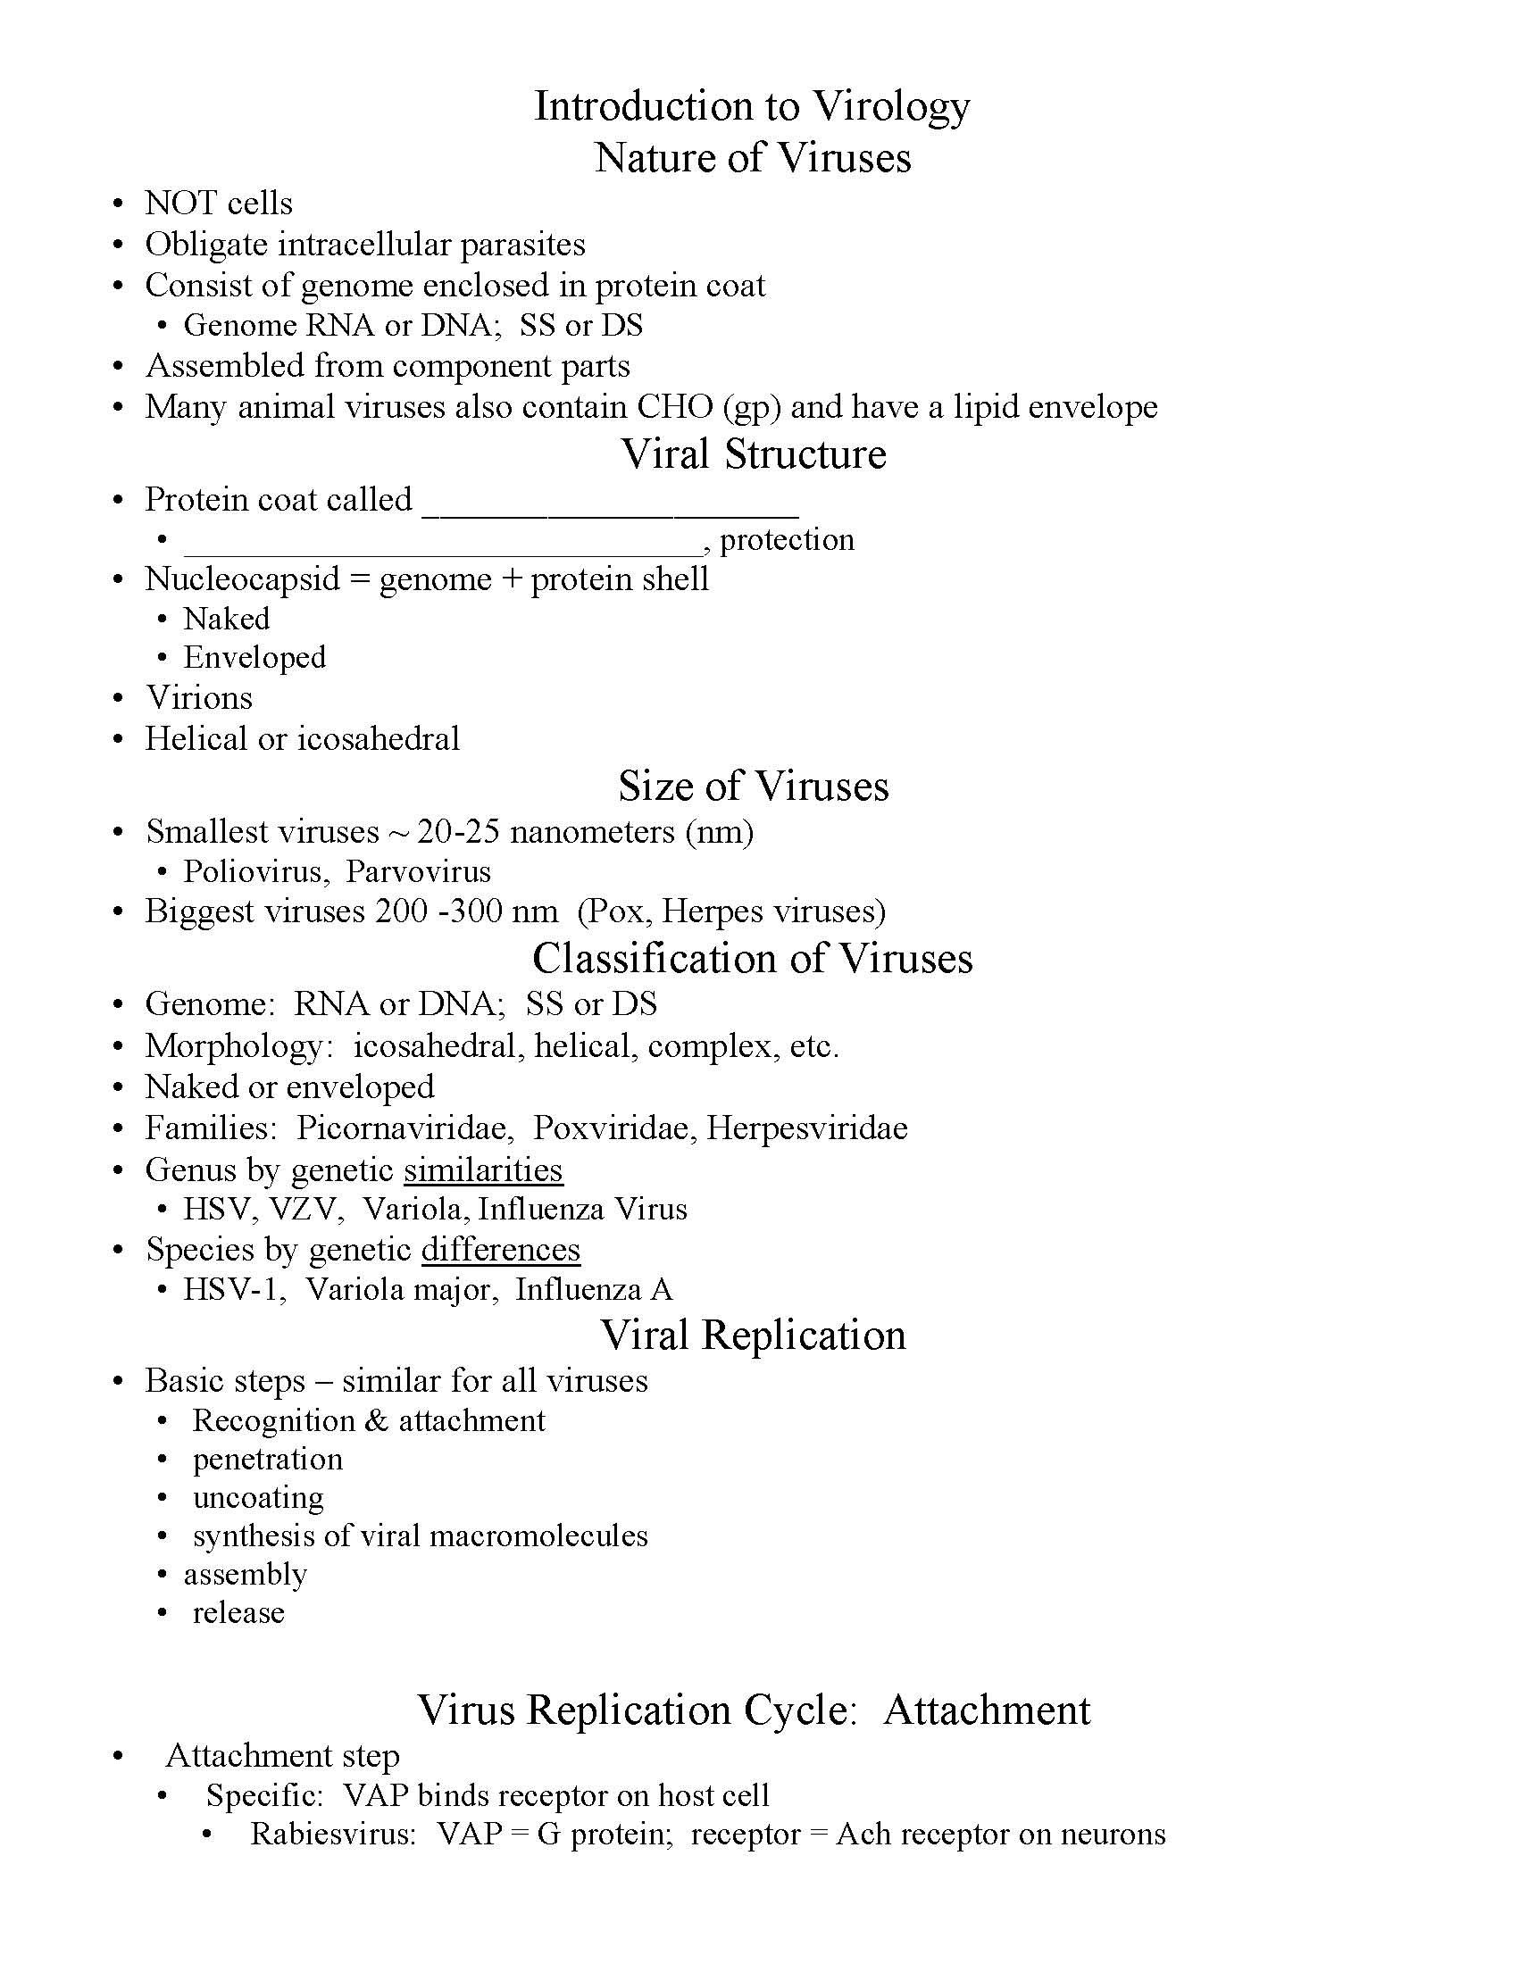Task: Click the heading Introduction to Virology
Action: (752, 106)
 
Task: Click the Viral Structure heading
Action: (754, 454)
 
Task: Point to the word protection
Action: (787, 539)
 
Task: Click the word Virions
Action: (199, 698)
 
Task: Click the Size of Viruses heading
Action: (754, 786)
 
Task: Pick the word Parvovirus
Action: (418, 871)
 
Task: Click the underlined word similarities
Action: (483, 1170)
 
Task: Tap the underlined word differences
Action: (500, 1250)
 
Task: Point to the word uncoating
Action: (258, 1498)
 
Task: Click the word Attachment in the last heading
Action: (987, 1710)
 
